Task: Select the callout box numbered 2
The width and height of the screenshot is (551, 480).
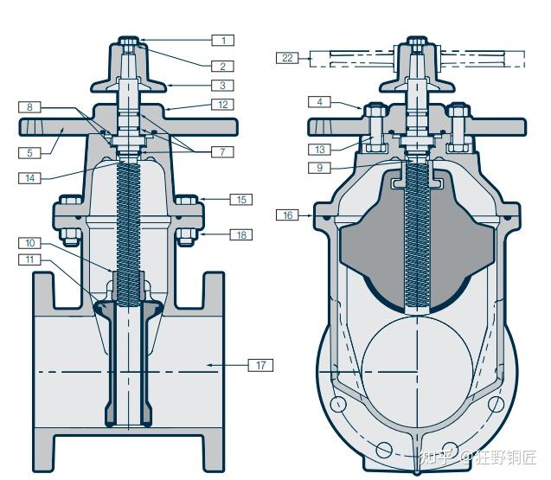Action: tap(222, 65)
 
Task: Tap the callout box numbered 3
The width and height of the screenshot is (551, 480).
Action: tap(222, 86)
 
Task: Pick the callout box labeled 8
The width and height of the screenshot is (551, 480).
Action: tap(29, 107)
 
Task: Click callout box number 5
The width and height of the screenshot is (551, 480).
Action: tap(29, 153)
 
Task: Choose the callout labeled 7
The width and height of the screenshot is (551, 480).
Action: tap(222, 152)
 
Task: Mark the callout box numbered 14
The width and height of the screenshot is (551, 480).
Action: tap(29, 178)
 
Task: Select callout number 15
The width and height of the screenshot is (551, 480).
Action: tap(240, 200)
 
